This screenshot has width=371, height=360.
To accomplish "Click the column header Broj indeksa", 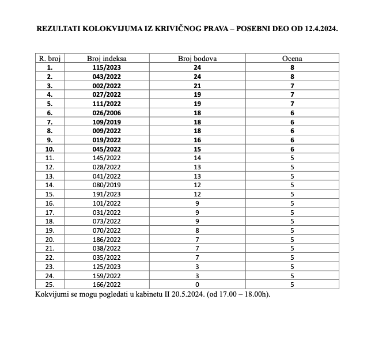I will click(107, 59).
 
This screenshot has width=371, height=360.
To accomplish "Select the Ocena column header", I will click(292, 59).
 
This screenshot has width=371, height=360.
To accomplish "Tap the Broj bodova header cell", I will click(198, 59).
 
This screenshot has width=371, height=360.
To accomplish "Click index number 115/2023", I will click(107, 67).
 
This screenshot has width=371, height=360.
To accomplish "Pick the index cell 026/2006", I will click(107, 113).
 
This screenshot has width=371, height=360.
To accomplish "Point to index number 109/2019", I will click(107, 122).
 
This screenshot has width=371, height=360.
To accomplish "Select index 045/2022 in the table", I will click(107, 149).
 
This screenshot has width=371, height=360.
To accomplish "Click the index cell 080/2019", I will click(107, 185).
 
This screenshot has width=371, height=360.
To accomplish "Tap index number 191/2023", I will click(107, 194).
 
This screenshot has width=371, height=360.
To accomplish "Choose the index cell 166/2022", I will click(107, 285).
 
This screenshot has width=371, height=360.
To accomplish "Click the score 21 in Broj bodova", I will click(198, 86).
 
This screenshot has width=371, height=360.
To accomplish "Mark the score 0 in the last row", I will click(198, 285).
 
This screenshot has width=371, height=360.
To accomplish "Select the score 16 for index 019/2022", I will click(198, 140).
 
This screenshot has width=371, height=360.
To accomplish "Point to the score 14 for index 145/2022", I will click(198, 158).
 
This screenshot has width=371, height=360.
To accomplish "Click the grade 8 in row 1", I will click(292, 67).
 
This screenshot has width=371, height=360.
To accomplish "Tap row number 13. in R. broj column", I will click(50, 176).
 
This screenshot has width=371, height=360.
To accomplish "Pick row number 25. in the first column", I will click(50, 285).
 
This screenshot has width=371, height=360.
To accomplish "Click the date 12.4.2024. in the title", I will click(315, 28).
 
